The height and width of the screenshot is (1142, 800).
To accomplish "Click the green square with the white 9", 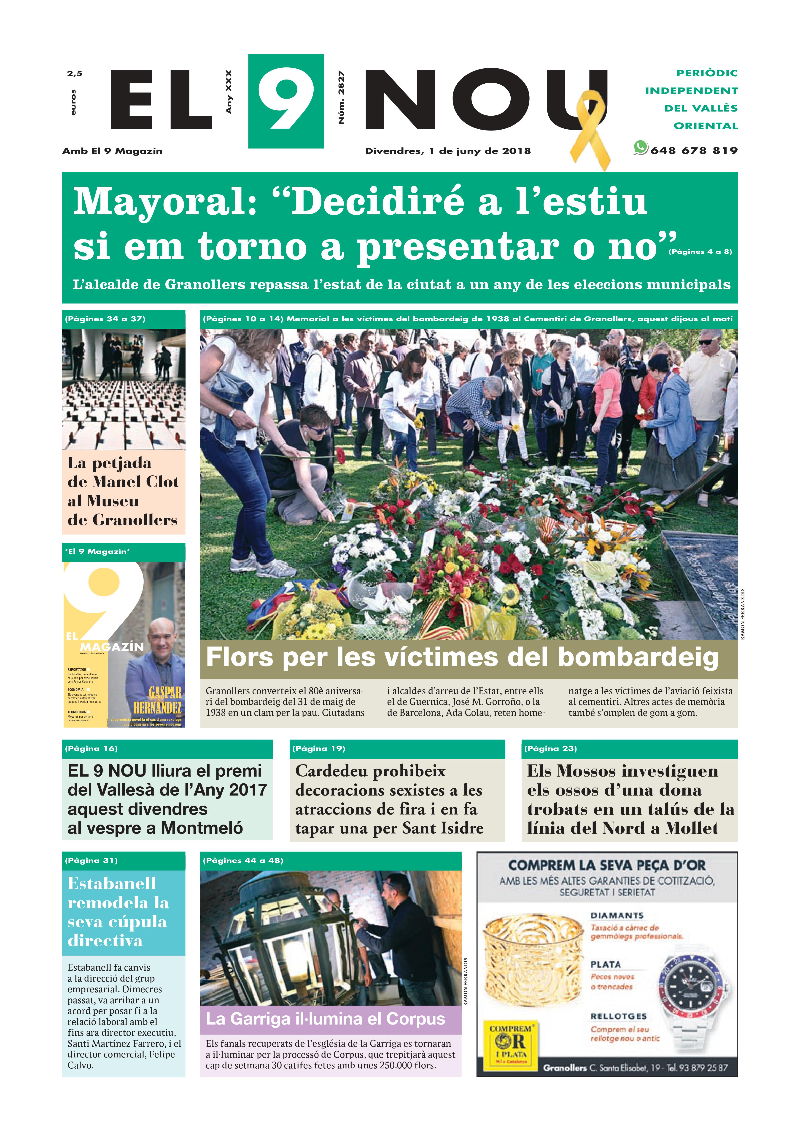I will pos(286,101).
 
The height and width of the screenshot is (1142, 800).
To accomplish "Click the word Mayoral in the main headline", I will pos(164,201).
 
